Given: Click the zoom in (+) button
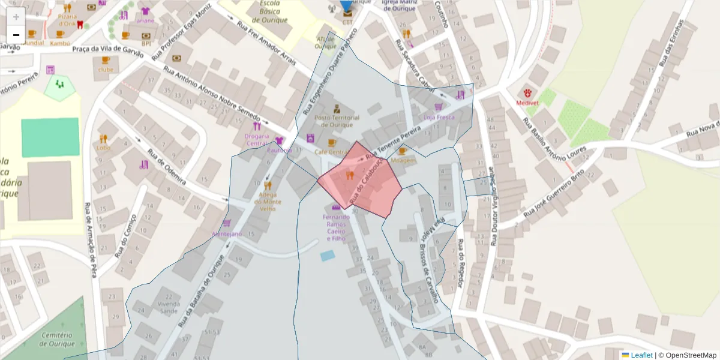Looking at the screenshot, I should pos(16,16).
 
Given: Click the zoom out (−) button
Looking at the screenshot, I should pos(16,35).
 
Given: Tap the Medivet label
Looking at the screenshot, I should pos(529,103).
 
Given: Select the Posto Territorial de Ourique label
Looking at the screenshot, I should pos(337,121).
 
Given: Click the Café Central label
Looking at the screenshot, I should pos(331,152).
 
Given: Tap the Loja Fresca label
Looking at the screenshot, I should pos(439,118).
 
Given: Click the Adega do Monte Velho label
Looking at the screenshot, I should pos(268,202).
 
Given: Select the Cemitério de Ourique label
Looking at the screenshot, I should pos(57,339).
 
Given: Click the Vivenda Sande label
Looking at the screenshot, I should pos(169,307).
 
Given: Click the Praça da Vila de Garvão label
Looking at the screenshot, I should pos(108,51).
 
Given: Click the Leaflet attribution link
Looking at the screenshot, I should pos(641,355).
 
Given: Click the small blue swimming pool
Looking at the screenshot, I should pos(327,256).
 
